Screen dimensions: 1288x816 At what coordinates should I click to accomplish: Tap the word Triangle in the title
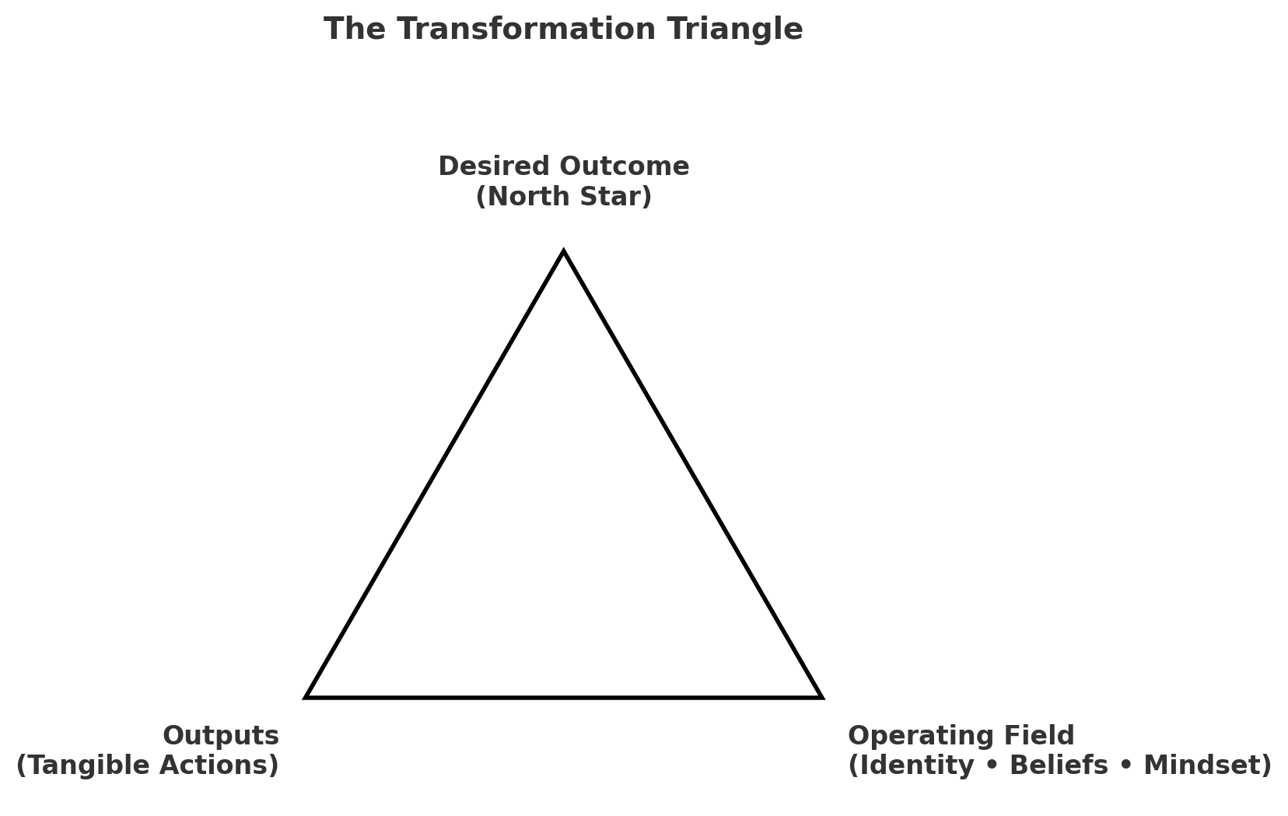pos(734,30)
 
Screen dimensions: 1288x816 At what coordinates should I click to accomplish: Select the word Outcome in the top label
pos(624,166)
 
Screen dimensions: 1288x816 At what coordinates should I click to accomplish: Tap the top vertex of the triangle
pos(564,252)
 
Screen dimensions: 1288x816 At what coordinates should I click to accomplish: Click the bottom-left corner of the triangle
pos(307,696)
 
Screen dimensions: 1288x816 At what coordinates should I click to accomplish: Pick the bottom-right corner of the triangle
pos(821,696)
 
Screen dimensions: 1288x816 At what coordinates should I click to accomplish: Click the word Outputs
pos(221,736)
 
